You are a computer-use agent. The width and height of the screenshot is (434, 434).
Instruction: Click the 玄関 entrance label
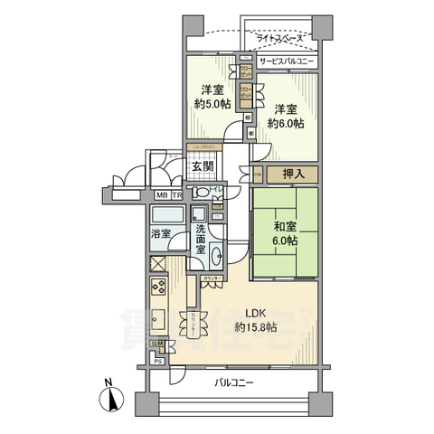pos(203,165)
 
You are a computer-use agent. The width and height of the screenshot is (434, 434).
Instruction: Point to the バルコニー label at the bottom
pos(234,382)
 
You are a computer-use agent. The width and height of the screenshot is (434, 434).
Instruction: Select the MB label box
pos(161,194)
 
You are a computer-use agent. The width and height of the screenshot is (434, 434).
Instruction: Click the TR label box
pos(177,194)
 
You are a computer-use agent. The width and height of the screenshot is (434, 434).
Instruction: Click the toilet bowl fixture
pos(205,191)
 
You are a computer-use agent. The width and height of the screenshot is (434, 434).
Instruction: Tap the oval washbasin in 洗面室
pos(198,215)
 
